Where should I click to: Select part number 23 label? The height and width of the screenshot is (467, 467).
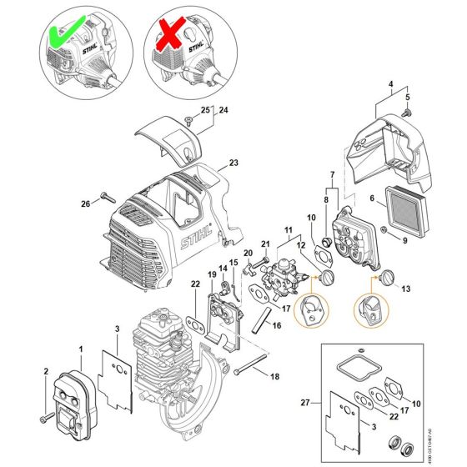233,163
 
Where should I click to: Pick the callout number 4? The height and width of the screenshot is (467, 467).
389,83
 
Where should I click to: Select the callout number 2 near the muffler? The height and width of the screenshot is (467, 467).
46,371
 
